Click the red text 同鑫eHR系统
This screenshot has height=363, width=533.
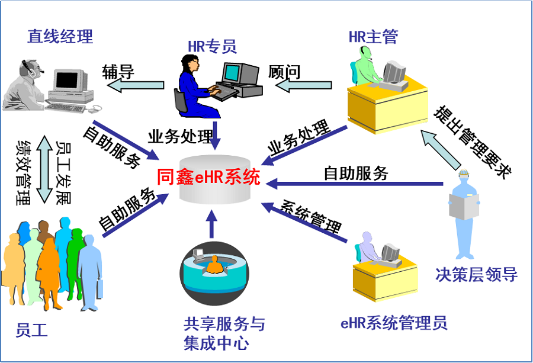click(209, 177)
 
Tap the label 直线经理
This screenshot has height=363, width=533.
click(60, 37)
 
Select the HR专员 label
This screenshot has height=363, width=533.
click(212, 46)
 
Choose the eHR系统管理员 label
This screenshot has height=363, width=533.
click(394, 323)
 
